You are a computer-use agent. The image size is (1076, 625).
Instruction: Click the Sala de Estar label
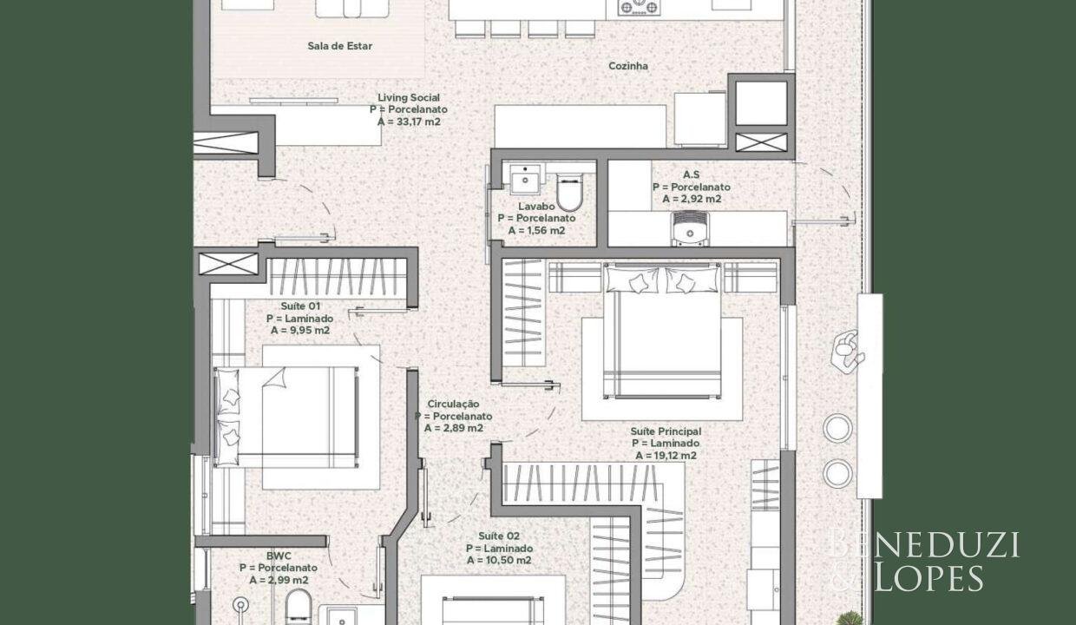pos(339,46)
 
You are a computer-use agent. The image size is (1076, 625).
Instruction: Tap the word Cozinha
pos(628,66)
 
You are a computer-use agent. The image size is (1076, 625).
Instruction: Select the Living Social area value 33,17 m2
pos(409,122)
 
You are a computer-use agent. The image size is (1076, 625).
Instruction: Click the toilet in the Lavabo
pos(569,192)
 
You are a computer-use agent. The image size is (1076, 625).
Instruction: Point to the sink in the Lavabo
pos(524,179)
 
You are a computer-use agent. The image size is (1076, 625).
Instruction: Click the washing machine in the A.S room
pos(690,228)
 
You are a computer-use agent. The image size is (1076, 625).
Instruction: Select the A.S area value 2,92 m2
pos(692,199)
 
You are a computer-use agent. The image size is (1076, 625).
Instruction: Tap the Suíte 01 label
pos(300,306)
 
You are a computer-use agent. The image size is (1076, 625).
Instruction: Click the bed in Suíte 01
pos(287,417)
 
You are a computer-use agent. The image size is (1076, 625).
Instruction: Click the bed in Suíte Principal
pos(662,331)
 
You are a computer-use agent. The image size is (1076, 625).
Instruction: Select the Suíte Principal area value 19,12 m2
pos(666,456)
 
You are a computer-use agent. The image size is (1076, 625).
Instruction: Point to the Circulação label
pos(454,404)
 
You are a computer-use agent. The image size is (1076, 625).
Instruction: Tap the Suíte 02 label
pos(499,536)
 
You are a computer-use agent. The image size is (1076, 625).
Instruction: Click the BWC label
pos(279,556)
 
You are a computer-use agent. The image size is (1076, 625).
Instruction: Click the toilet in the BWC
pos(299,608)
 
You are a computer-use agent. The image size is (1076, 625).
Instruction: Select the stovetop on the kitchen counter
pos(639,7)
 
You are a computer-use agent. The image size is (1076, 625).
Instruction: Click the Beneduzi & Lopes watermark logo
pos(922,560)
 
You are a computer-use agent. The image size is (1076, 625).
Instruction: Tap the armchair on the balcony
pos(846,349)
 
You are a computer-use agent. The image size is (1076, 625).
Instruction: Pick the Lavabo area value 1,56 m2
pos(536,231)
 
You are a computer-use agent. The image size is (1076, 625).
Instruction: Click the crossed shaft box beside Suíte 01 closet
pos(228,264)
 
